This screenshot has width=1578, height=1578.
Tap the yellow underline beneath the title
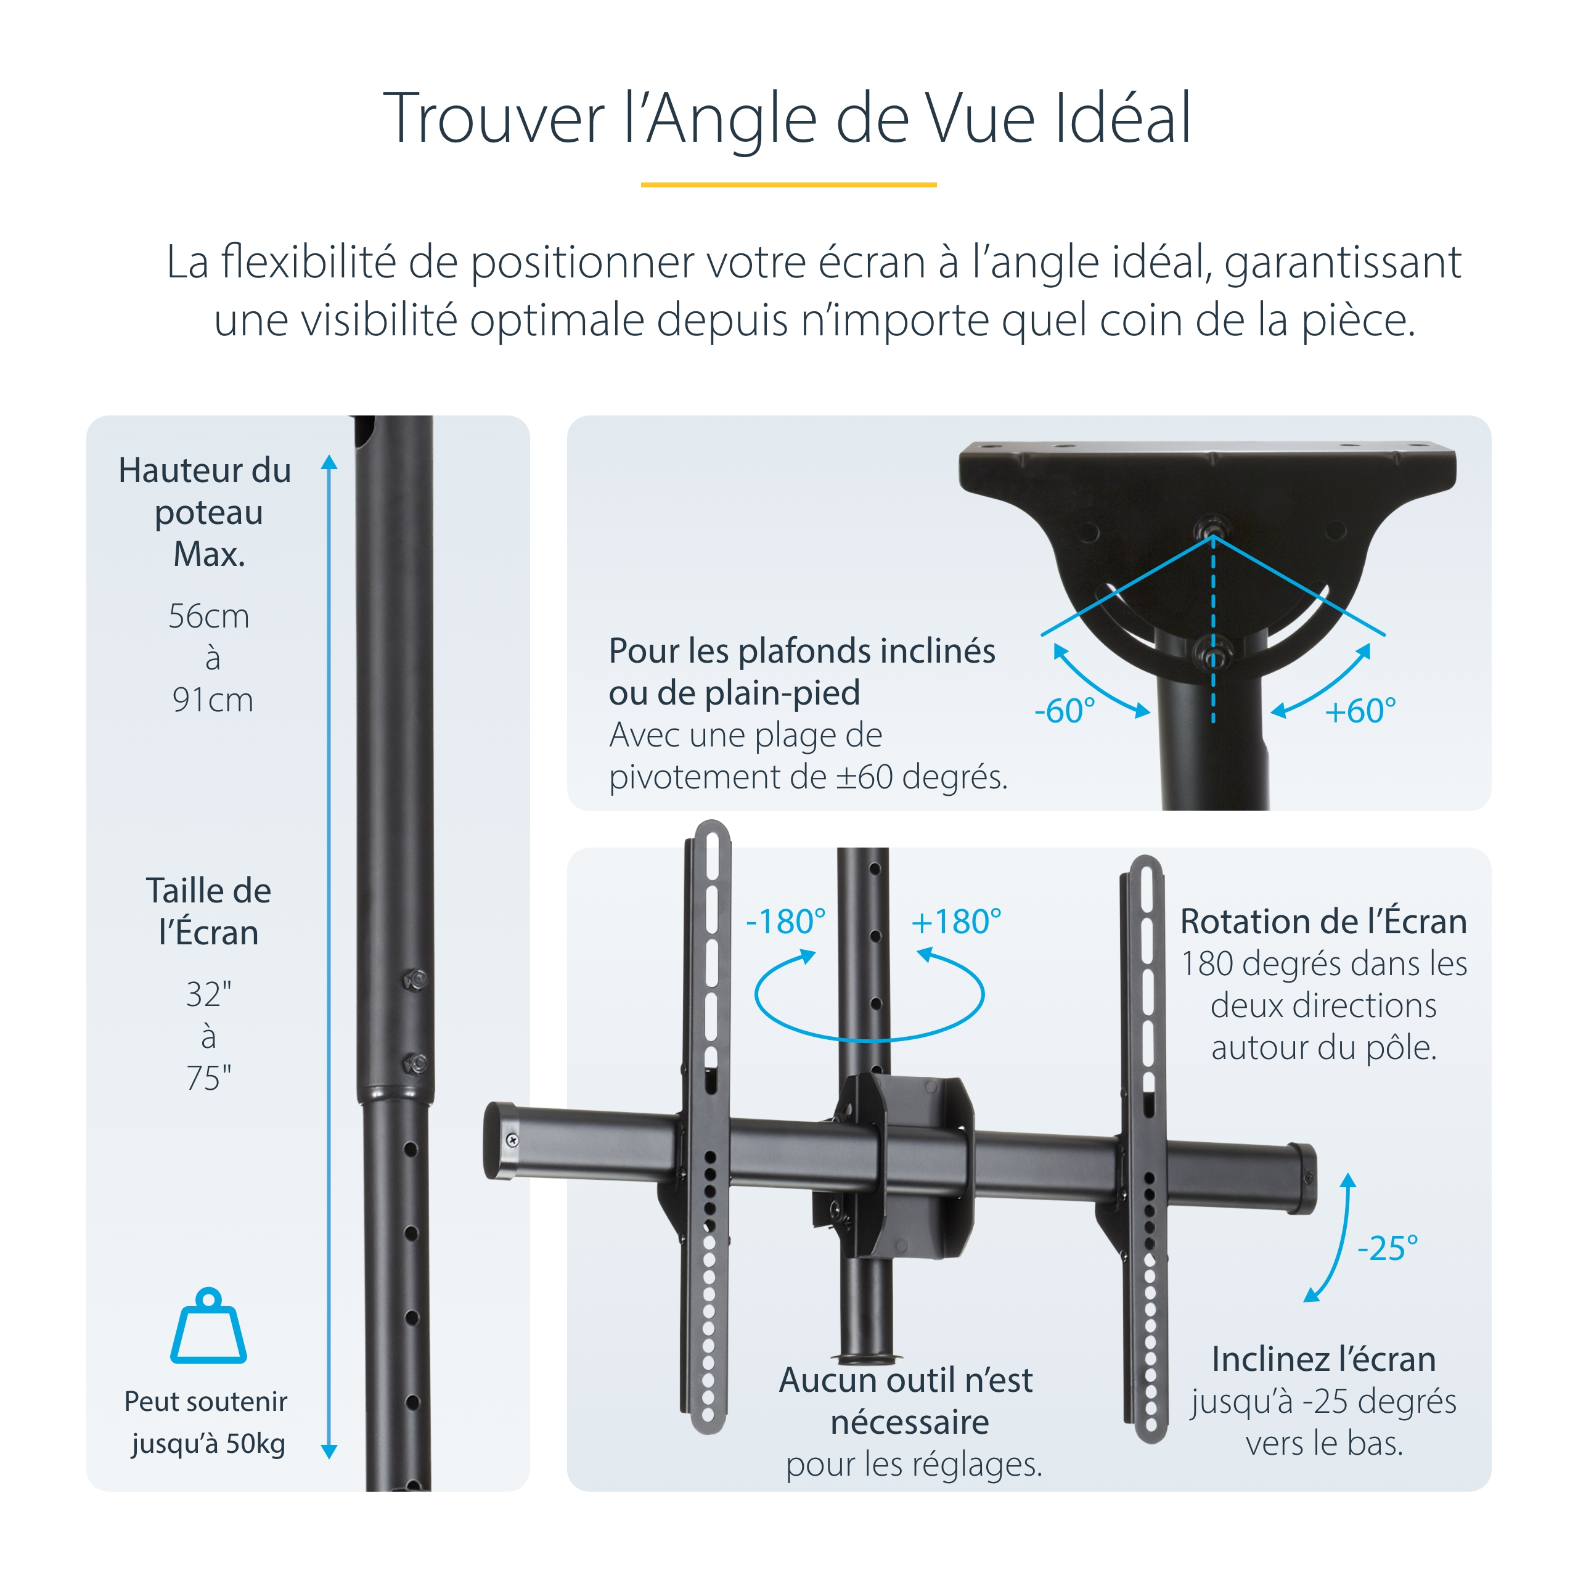(788, 184)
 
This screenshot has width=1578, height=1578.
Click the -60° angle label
(1065, 711)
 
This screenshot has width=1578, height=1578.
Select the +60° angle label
(1360, 711)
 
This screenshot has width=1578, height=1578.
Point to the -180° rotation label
(786, 922)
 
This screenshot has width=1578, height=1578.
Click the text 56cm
(209, 616)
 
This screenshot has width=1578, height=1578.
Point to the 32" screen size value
(209, 995)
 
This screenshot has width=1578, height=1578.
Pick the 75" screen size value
(209, 1078)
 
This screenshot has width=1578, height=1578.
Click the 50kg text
(256, 1444)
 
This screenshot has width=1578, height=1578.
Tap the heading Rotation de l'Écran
(1323, 922)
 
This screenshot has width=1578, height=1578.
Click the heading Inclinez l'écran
(1323, 1359)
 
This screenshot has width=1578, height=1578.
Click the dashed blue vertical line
(1213, 629)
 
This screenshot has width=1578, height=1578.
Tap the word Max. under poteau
(209, 555)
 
